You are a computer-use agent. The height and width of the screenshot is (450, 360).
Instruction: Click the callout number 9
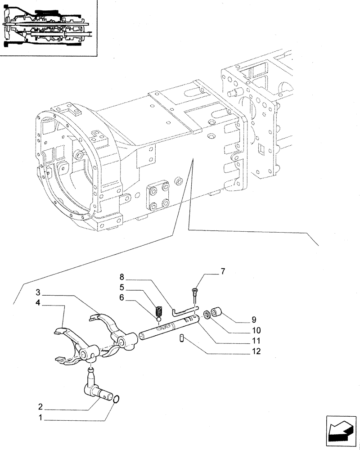click(254, 320)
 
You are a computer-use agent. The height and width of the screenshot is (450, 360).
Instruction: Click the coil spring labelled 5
click(157, 311)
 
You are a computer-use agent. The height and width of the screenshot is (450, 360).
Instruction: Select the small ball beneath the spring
click(158, 320)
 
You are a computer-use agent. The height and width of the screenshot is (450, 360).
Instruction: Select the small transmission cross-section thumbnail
click(49, 27)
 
